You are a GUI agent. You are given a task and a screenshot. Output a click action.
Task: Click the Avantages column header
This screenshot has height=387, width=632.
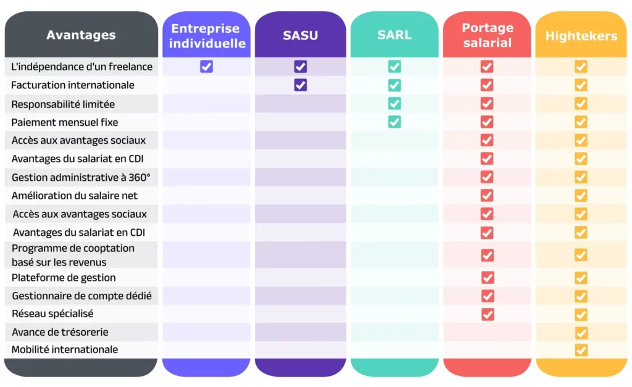pos(81,35)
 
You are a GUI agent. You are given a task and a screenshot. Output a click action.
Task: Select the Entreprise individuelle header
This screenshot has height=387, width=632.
pos(207,36)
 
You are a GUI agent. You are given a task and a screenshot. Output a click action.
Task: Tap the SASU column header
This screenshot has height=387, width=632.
pos(301,35)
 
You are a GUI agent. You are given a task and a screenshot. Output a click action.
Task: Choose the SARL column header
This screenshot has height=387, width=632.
pos(394,35)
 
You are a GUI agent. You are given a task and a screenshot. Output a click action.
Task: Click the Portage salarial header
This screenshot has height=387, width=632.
pos(487,35)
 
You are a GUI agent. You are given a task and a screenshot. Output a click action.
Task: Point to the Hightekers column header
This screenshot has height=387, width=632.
pos(581,36)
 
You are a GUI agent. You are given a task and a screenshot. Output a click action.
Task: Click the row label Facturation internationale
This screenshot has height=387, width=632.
pos(73,85)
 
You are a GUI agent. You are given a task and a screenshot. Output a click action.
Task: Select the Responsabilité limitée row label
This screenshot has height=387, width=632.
pos(63,104)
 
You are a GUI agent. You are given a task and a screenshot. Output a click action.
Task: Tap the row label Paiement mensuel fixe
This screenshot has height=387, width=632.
pos(65,122)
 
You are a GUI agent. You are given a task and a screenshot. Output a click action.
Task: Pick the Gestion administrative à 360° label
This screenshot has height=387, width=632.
pos(81,178)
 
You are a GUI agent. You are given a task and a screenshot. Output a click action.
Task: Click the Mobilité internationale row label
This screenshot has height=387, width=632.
pos(65,349)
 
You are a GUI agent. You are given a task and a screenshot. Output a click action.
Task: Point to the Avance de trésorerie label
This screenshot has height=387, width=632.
pos(60,332)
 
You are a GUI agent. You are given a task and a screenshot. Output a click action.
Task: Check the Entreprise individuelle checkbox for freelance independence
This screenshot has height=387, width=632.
pos(207,67)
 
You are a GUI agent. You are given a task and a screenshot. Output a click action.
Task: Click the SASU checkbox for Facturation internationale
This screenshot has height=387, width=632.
pos(301,85)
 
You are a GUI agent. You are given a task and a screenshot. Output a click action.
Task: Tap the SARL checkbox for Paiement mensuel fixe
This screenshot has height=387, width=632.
pos(394,122)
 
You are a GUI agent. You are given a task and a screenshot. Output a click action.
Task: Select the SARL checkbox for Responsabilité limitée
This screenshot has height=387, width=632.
pos(394,104)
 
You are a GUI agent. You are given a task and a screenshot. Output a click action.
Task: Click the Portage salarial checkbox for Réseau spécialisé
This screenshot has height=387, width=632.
pos(488,314)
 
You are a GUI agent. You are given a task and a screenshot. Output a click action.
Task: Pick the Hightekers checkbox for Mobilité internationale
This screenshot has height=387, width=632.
pos(581,350)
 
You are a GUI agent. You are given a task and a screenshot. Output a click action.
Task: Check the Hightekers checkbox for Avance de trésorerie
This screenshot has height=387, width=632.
pos(581,333)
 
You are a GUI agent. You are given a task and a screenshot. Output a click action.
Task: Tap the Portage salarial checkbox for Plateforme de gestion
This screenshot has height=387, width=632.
pos(488,278)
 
